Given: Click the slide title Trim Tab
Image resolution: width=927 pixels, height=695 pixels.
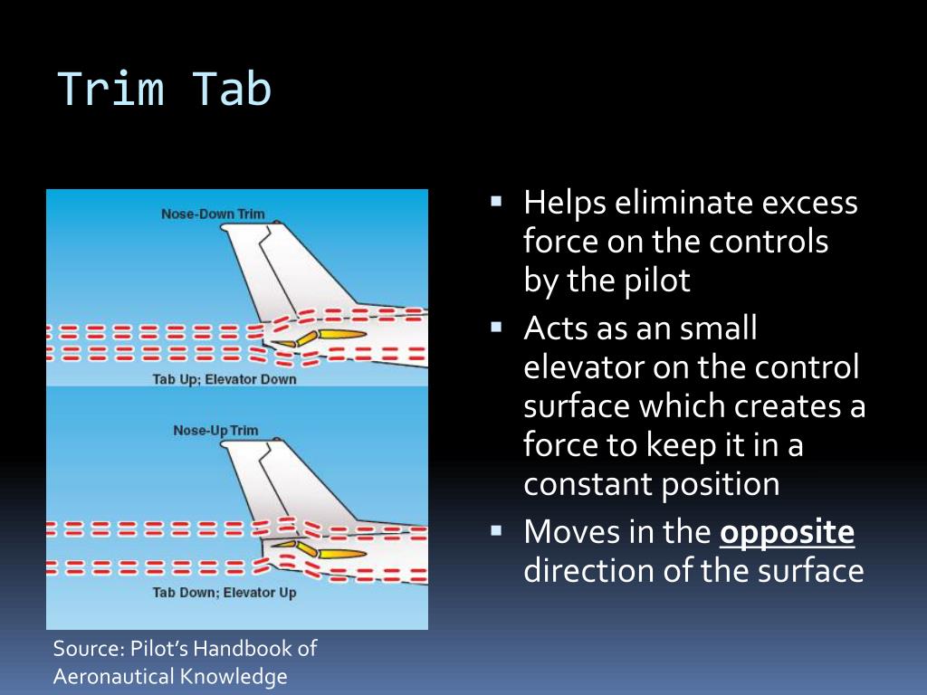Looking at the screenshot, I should (x=165, y=90).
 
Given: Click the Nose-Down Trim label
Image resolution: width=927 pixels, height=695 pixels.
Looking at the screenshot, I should (x=213, y=214).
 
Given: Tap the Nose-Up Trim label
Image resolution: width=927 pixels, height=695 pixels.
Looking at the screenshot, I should (x=215, y=431).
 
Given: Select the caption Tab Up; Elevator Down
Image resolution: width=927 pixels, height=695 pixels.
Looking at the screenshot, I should (x=224, y=379).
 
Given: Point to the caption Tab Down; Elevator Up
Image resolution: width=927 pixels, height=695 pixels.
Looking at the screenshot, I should (x=224, y=593).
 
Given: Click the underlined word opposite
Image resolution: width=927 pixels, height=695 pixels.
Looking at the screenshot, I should (x=787, y=533).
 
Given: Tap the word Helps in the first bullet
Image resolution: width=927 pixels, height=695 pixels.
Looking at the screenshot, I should (x=565, y=203).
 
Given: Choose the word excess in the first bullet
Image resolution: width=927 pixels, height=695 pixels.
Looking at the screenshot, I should (x=809, y=203).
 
